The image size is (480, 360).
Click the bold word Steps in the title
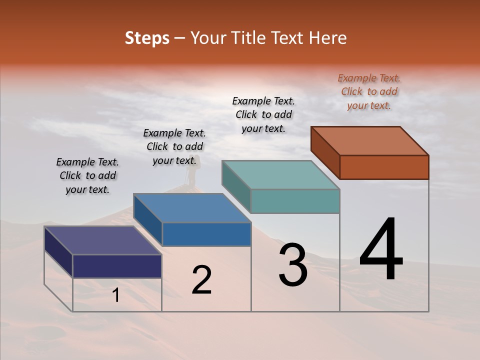[x=146, y=38]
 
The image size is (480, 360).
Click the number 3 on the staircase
[x=293, y=264]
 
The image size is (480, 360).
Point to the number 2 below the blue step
[x=201, y=280]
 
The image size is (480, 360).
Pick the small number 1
[x=115, y=295]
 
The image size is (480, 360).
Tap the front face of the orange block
[x=384, y=167]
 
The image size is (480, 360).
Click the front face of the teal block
[x=295, y=201]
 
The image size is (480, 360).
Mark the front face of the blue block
[x=206, y=234]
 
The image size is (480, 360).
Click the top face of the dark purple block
[x=103, y=240]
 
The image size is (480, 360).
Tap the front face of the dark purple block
[x=117, y=266]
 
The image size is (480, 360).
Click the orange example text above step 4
[x=369, y=91]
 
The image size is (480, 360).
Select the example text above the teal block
[x=263, y=114]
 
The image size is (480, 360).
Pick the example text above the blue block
[x=174, y=146]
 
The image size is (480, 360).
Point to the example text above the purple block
[x=87, y=175]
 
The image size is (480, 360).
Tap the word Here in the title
[x=328, y=38]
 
